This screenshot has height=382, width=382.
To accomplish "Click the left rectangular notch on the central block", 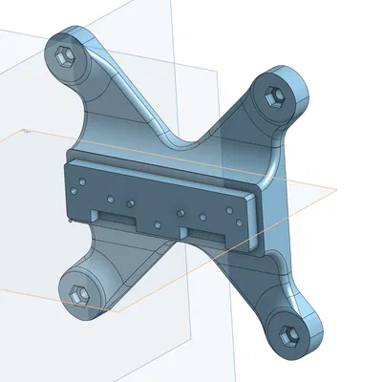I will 116,218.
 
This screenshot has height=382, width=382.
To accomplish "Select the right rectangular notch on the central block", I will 204,232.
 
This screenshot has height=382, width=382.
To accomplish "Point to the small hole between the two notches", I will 158,224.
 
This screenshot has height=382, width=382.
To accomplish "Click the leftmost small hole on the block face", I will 81,179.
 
